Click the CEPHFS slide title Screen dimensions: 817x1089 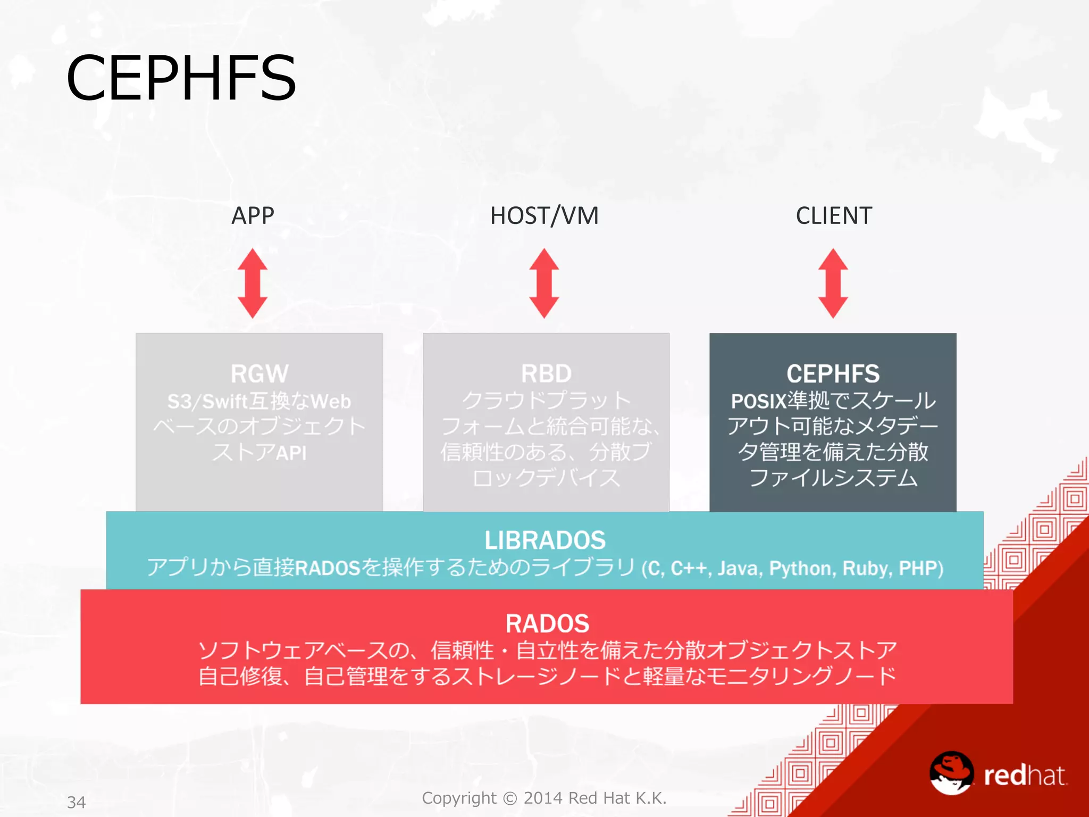pyautogui.click(x=181, y=78)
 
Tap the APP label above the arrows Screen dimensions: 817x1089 pyautogui.click(x=253, y=216)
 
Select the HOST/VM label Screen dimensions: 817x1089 pyautogui.click(x=544, y=216)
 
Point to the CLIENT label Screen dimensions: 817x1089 pyautogui.click(x=833, y=216)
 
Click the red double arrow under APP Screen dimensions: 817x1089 pyautogui.click(x=253, y=283)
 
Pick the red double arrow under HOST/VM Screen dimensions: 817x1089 pyautogui.click(x=544, y=283)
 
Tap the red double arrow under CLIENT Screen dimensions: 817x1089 pyautogui.click(x=833, y=283)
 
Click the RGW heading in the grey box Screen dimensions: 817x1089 pyautogui.click(x=259, y=373)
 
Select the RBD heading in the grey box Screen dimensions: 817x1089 pyautogui.click(x=546, y=373)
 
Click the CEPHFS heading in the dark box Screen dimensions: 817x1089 pyautogui.click(x=833, y=373)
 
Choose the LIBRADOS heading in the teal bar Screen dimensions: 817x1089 pyautogui.click(x=545, y=540)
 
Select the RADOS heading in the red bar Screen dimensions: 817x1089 pyautogui.click(x=547, y=623)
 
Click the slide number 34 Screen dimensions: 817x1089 pyautogui.click(x=77, y=802)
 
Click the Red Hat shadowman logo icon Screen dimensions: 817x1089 pyautogui.click(x=951, y=773)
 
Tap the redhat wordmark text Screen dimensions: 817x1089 pyautogui.click(x=1025, y=776)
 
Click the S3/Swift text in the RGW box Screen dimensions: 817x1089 pyautogui.click(x=208, y=402)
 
